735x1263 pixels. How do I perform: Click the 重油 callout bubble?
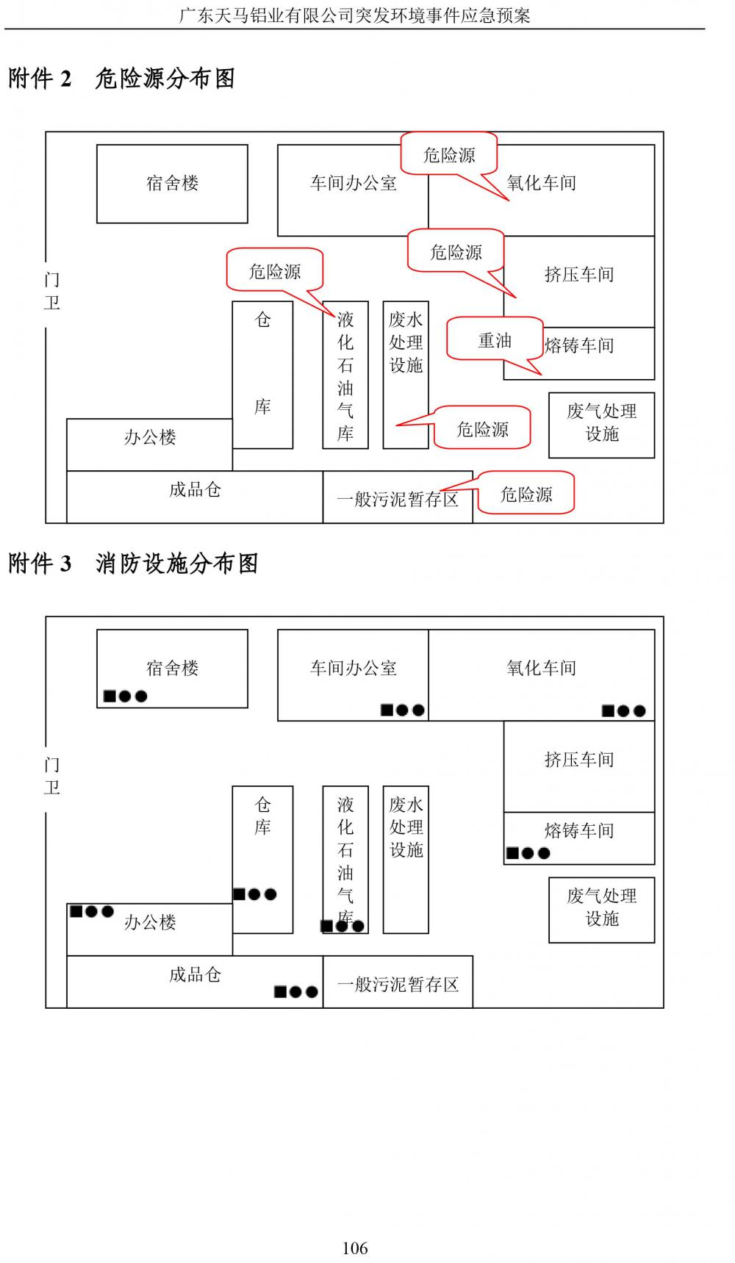[x=495, y=340]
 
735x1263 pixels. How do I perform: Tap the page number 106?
[x=355, y=1248]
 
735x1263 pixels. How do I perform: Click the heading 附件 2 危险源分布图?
[x=122, y=79]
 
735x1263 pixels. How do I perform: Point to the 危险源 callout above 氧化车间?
[x=449, y=154]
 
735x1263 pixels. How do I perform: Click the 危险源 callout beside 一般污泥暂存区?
[x=526, y=494]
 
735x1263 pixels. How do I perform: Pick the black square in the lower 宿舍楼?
[x=110, y=696]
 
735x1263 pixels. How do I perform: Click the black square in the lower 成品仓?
[x=280, y=992]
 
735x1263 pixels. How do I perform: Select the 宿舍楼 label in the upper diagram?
[x=172, y=183]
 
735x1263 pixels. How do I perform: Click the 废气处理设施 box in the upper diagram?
[x=601, y=425]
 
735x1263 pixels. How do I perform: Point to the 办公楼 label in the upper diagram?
[x=150, y=437]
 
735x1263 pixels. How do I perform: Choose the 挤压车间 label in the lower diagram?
[x=578, y=759]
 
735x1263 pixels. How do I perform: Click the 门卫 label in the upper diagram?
[x=51, y=291]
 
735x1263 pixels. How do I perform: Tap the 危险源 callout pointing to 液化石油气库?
[x=275, y=271]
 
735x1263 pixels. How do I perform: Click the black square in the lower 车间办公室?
[x=387, y=710]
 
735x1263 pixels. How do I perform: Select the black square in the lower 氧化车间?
[x=608, y=710]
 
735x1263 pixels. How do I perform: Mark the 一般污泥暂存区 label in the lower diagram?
[x=398, y=984]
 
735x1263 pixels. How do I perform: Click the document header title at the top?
[x=355, y=15]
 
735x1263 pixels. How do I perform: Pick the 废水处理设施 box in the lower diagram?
[x=406, y=859]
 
